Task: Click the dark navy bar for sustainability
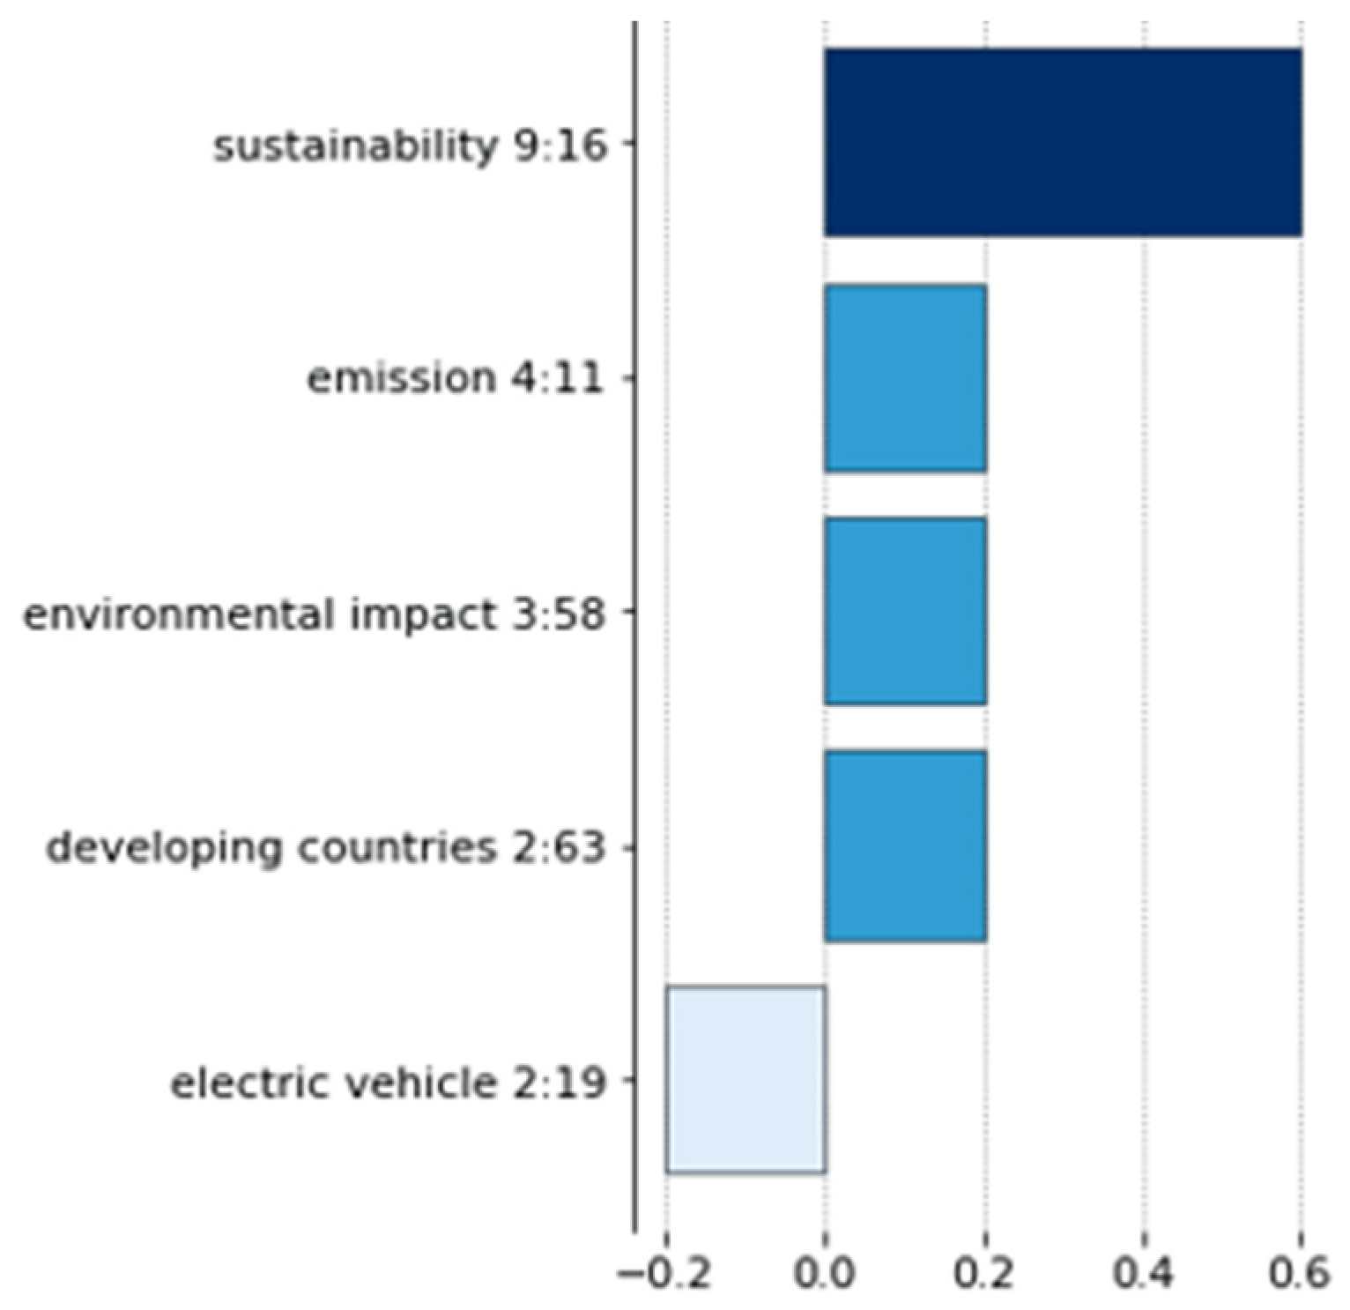coord(1063,143)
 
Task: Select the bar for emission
coord(905,378)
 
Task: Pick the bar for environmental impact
coord(905,612)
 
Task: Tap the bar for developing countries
coord(905,846)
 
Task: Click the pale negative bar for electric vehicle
coord(745,1080)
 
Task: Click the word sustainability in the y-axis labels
coord(356,145)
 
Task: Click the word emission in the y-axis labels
coord(401,379)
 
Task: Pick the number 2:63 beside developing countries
coord(557,848)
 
